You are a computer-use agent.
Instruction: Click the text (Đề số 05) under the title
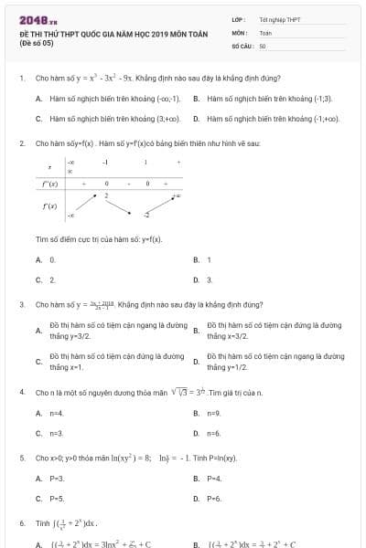tap(38, 42)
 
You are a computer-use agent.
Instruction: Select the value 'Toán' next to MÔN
tap(265, 32)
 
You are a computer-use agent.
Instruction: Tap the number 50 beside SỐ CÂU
tap(263, 45)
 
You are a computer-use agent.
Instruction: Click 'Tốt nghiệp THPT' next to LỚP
tap(279, 19)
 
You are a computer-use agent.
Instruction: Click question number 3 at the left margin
tap(21, 304)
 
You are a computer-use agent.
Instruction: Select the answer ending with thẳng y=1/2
tap(274, 362)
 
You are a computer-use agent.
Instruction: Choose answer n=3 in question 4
tap(56, 434)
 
